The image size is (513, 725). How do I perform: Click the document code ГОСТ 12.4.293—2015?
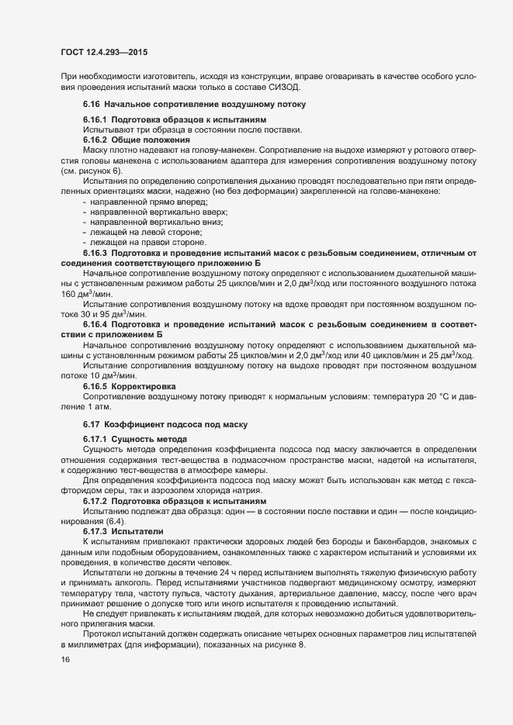103,54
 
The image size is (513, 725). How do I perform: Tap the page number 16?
64,659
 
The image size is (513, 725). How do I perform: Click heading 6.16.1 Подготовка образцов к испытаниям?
175,120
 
